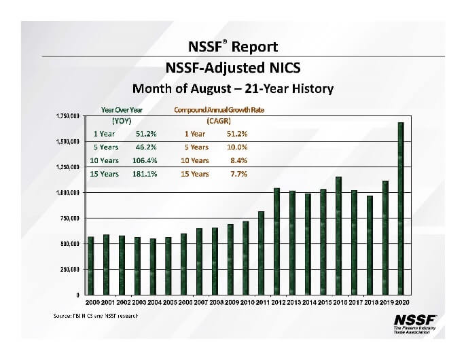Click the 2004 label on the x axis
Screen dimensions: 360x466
click(153, 302)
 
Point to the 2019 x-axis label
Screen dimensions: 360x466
click(385, 302)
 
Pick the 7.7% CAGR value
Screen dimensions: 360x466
click(238, 174)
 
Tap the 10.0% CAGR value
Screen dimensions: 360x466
click(237, 147)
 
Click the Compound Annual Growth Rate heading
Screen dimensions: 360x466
click(219, 109)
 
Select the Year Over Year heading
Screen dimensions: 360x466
click(122, 109)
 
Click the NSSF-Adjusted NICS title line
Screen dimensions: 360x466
click(232, 68)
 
